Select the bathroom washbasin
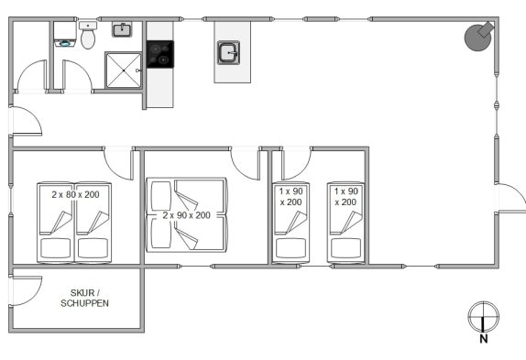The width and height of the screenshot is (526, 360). [122, 29]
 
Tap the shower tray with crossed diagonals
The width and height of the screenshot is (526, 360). [124, 71]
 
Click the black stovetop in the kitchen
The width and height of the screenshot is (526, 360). [160, 54]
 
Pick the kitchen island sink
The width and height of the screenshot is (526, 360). [229, 52]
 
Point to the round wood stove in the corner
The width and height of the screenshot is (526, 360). [478, 37]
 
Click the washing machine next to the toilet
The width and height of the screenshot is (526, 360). [65, 35]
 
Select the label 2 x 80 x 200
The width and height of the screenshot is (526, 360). [75, 194]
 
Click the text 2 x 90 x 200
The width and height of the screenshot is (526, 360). [187, 215]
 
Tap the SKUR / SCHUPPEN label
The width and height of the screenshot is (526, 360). [84, 298]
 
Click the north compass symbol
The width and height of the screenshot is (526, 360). [484, 316]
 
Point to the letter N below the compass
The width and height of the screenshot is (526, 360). [484, 339]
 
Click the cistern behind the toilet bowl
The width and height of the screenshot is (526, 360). [88, 26]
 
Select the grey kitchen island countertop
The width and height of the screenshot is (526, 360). [233, 52]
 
